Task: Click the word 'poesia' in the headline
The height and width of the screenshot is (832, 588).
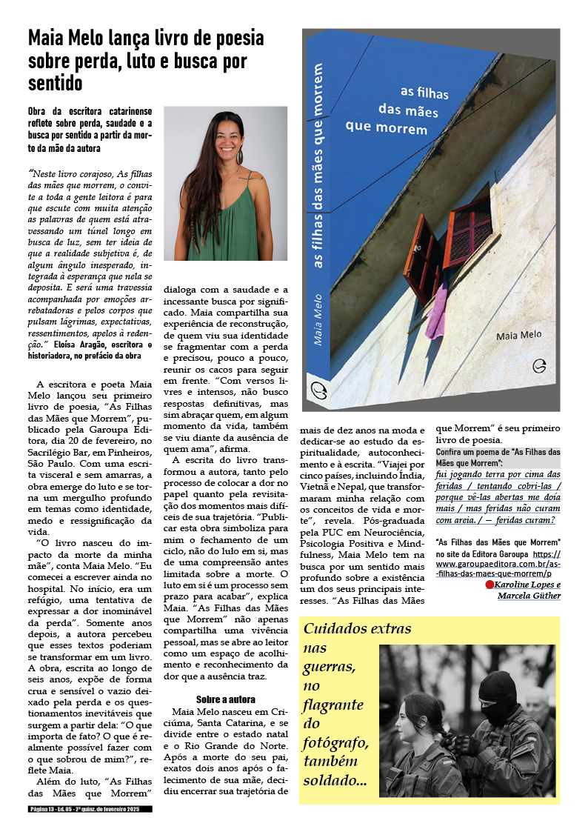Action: click(235, 39)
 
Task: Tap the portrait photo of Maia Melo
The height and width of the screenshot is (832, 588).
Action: click(225, 183)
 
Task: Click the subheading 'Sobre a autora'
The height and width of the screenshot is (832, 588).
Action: click(226, 699)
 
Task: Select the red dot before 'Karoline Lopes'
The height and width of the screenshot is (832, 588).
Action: click(489, 585)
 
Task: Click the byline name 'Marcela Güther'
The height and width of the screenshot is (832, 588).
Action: click(529, 596)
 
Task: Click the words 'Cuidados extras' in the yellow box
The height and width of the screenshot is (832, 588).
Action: click(358, 629)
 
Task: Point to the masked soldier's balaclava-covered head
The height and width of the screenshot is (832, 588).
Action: click(497, 690)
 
